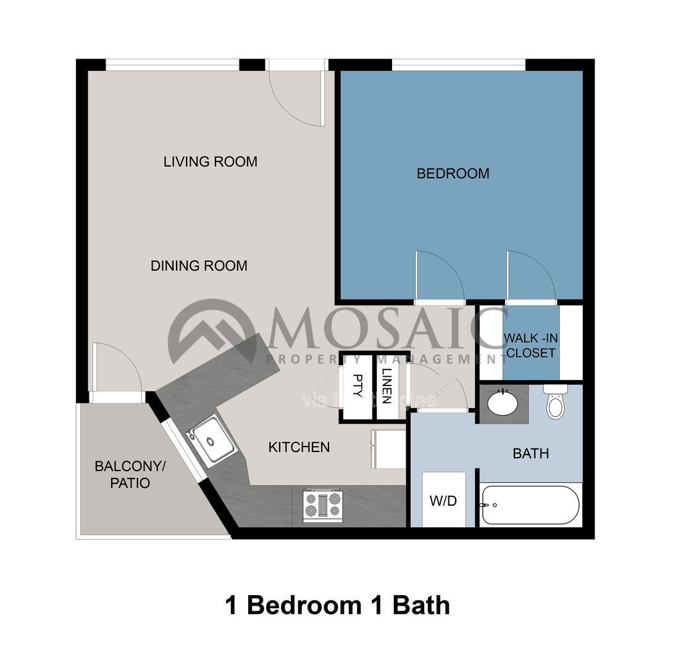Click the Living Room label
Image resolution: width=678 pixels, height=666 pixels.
(210, 162)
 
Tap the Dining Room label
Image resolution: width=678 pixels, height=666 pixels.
(199, 266)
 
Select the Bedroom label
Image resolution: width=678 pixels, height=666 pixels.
(453, 174)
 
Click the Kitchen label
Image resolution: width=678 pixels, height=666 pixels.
(299, 447)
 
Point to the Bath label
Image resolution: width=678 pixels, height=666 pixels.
(530, 454)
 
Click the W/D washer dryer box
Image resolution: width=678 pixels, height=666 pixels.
(443, 500)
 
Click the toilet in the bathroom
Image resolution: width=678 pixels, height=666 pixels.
(556, 403)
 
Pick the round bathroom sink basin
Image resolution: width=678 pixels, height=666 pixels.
(503, 405)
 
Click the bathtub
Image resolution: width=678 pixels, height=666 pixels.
(530, 505)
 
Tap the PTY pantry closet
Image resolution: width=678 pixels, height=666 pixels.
(357, 387)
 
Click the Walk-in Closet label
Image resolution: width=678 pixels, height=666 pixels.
(530, 346)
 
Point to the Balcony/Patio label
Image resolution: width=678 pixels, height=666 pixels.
(122, 474)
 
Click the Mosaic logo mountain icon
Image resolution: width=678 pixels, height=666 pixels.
(212, 334)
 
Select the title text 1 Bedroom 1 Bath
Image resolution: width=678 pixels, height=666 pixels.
(338, 605)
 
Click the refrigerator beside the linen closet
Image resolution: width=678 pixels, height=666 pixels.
(388, 449)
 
